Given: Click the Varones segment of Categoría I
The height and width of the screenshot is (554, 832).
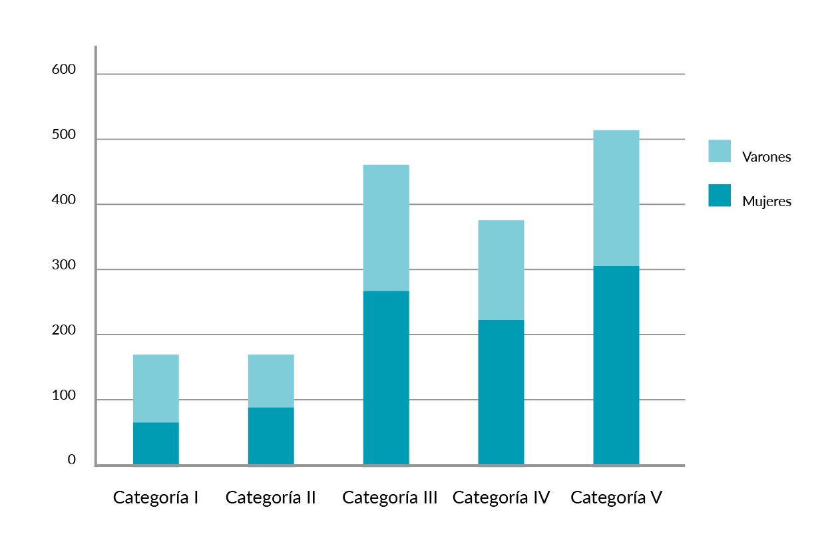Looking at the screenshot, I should pos(156,388).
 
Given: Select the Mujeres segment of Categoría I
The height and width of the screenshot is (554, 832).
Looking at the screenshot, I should pos(156,444).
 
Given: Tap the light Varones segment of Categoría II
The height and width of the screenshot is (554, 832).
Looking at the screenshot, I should pos(271,380).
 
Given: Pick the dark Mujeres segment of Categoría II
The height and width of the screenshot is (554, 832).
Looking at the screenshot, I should pos(271,436).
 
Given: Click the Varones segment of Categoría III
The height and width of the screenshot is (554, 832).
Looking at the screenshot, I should pos(386,227).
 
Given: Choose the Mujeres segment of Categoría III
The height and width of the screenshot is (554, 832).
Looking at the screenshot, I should pos(386,378).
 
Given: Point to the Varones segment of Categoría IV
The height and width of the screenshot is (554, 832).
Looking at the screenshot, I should pos(501,270).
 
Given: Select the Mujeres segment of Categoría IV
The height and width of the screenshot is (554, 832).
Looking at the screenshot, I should pos(501,392).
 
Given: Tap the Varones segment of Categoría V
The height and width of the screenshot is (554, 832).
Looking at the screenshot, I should pos(616,198).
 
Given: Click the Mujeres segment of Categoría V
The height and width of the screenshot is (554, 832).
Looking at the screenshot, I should pos(616,366).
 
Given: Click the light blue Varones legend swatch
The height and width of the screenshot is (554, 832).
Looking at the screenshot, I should pos(720,151).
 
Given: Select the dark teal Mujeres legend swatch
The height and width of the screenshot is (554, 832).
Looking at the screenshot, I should pos(720,196).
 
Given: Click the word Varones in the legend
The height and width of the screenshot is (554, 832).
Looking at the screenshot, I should pos(766,158).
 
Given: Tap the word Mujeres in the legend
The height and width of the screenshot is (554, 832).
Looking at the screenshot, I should pos(767,202).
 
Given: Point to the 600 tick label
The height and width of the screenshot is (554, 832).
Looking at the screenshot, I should pos(64,70).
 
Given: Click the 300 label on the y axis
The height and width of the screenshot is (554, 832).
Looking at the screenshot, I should pos(64,265).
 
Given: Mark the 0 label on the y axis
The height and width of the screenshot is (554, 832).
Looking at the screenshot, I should pos(72,460).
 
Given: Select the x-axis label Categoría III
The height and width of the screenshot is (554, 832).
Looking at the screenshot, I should pos(389,497).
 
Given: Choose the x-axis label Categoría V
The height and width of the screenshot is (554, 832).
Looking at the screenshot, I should pos(616,497).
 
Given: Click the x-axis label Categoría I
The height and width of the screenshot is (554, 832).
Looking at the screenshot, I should pos(156,497).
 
